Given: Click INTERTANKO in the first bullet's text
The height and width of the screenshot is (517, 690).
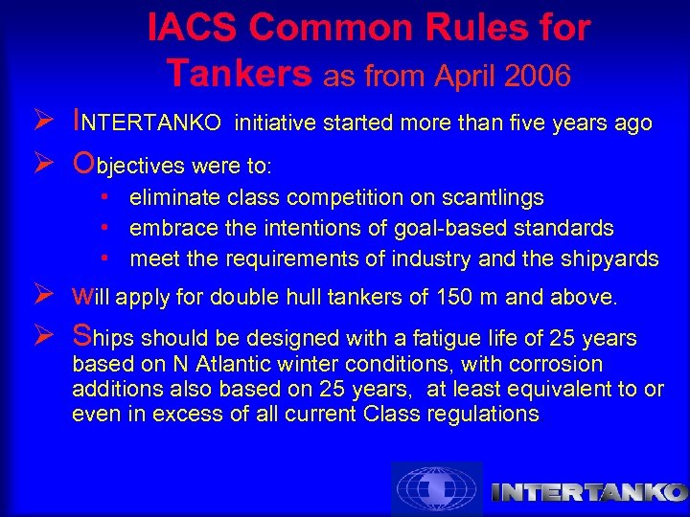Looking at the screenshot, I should pyautogui.click(x=149, y=123).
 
